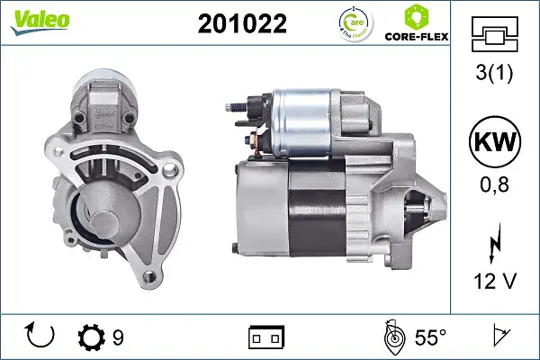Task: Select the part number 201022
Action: (x=242, y=24)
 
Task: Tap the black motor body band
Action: (x=318, y=211)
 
